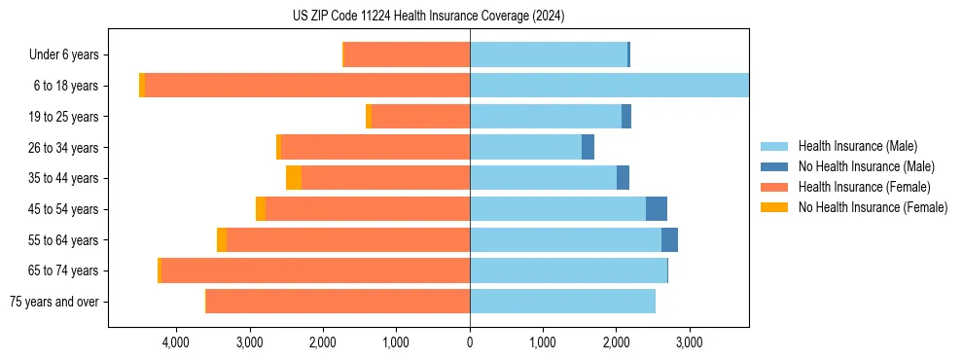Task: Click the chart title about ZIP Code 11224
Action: (x=428, y=17)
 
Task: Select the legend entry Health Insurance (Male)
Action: (x=856, y=146)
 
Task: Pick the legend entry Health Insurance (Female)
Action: (x=860, y=187)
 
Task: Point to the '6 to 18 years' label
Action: (x=66, y=86)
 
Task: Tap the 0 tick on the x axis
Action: (x=470, y=342)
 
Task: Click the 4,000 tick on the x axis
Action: (x=176, y=342)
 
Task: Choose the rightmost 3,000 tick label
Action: (x=690, y=342)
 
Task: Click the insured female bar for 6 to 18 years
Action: (x=306, y=86)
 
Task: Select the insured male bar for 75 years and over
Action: (x=562, y=302)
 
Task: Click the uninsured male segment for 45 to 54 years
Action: (x=657, y=209)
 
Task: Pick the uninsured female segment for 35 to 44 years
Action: (x=294, y=178)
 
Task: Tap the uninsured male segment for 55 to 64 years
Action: (x=669, y=240)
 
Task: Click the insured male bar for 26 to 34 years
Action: (x=525, y=148)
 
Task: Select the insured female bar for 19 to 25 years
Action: (x=420, y=117)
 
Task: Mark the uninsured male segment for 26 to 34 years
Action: (x=588, y=148)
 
